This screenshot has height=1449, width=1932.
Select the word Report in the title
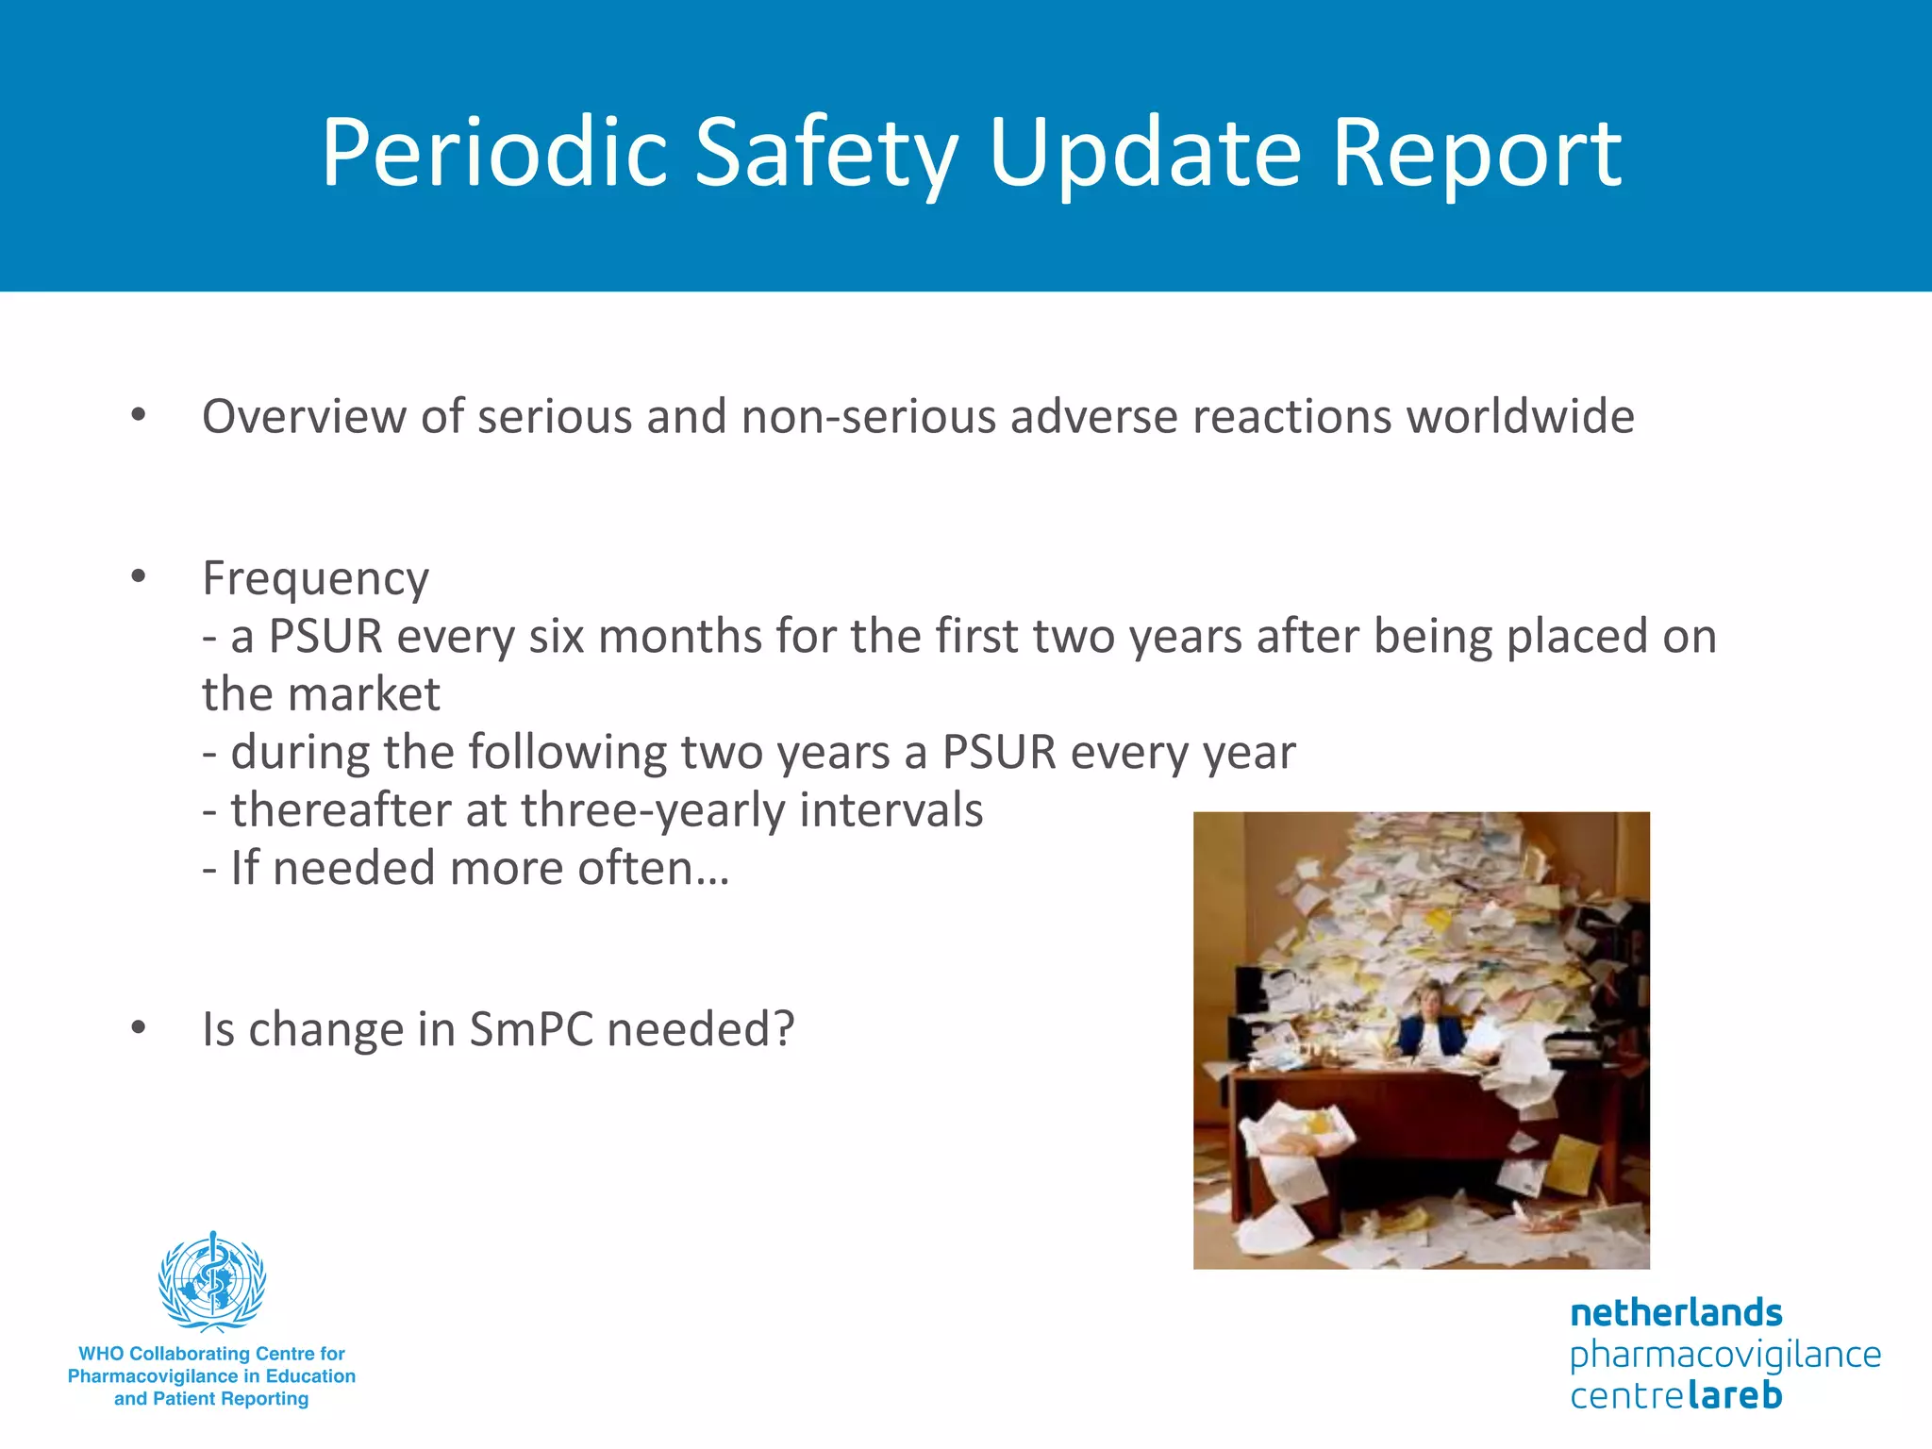click(x=1476, y=153)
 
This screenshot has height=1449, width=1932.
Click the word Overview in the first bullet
click(x=304, y=416)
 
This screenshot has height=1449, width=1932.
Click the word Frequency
click(x=315, y=578)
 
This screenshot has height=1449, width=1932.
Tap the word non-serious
click(x=868, y=416)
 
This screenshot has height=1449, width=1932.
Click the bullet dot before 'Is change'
click(x=139, y=1027)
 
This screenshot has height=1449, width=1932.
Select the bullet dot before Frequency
click(x=139, y=576)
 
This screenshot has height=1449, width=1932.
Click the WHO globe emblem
click(x=212, y=1281)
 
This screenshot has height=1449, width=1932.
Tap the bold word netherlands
click(x=1675, y=1312)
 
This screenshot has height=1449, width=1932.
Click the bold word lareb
click(x=1734, y=1395)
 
